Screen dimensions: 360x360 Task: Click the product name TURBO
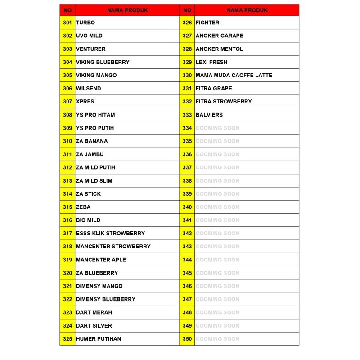tap(85, 22)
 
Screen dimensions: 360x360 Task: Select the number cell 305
tap(67, 75)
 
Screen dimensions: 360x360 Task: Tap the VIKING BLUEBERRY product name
tap(103, 62)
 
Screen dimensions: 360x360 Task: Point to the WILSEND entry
tap(89, 89)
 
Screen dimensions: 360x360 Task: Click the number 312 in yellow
tap(67, 167)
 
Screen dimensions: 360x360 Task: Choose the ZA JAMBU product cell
tap(90, 154)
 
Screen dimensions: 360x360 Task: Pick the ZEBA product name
tap(83, 207)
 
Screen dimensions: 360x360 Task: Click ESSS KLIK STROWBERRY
tap(110, 233)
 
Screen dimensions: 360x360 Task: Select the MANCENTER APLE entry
tap(101, 260)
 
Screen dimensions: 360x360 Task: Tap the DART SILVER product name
tap(94, 325)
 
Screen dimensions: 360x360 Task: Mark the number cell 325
tap(67, 339)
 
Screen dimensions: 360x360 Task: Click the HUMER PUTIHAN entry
tap(99, 339)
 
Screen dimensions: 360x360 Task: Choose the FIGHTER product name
tap(207, 22)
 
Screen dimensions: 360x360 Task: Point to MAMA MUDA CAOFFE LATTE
tap(234, 75)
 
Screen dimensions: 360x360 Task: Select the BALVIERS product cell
tap(209, 115)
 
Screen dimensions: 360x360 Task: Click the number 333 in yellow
tap(187, 115)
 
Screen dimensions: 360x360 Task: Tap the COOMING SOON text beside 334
tap(217, 128)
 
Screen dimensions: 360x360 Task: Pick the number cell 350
tap(187, 339)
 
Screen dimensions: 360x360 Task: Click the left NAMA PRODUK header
tap(127, 10)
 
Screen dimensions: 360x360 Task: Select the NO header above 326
tap(187, 10)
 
